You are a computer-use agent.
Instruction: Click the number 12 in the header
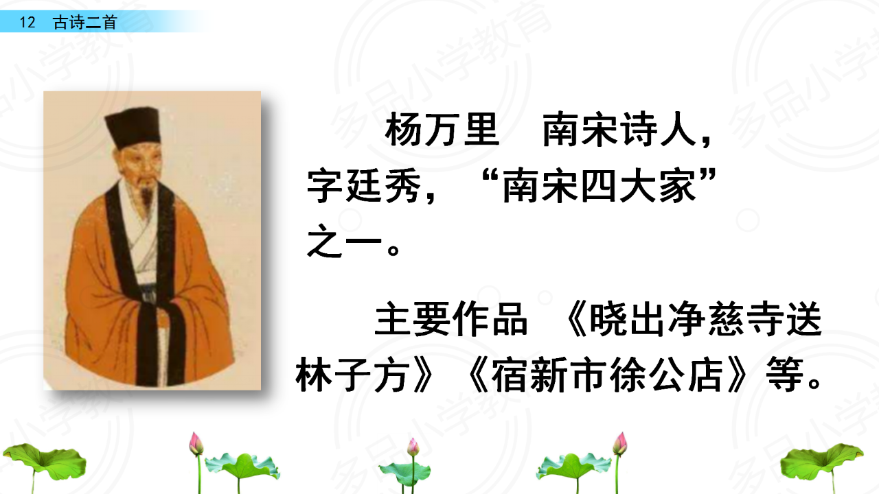(x=27, y=23)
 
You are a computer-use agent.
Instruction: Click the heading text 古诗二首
(x=84, y=23)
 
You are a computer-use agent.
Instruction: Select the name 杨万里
(x=442, y=129)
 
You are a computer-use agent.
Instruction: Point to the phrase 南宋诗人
(x=619, y=129)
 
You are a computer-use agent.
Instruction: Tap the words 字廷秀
(x=364, y=185)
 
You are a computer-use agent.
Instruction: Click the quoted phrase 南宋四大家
(x=600, y=185)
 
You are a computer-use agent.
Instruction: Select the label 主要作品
(x=451, y=319)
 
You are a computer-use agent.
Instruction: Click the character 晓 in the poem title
(x=608, y=319)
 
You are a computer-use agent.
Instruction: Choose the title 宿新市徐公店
(x=606, y=375)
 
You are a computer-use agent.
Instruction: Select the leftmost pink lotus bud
(x=196, y=444)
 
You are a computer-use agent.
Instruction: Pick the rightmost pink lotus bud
(x=620, y=443)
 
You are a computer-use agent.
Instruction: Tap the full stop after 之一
(x=393, y=250)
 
